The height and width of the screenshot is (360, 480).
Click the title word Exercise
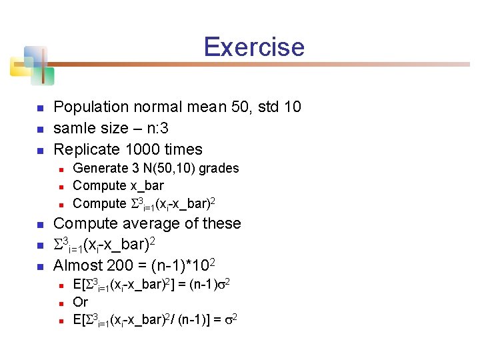pyautogui.click(x=253, y=47)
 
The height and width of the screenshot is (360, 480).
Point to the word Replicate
pyautogui.click(x=87, y=149)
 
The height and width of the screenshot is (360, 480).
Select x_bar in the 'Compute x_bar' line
pyautogui.click(x=147, y=186)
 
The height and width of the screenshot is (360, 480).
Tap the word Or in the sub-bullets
pyautogui.click(x=80, y=303)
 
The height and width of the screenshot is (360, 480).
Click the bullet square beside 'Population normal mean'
pyautogui.click(x=39, y=107)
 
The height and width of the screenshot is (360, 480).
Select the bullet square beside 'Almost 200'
pyautogui.click(x=39, y=267)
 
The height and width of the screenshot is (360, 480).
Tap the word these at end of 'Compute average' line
pyautogui.click(x=221, y=224)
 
